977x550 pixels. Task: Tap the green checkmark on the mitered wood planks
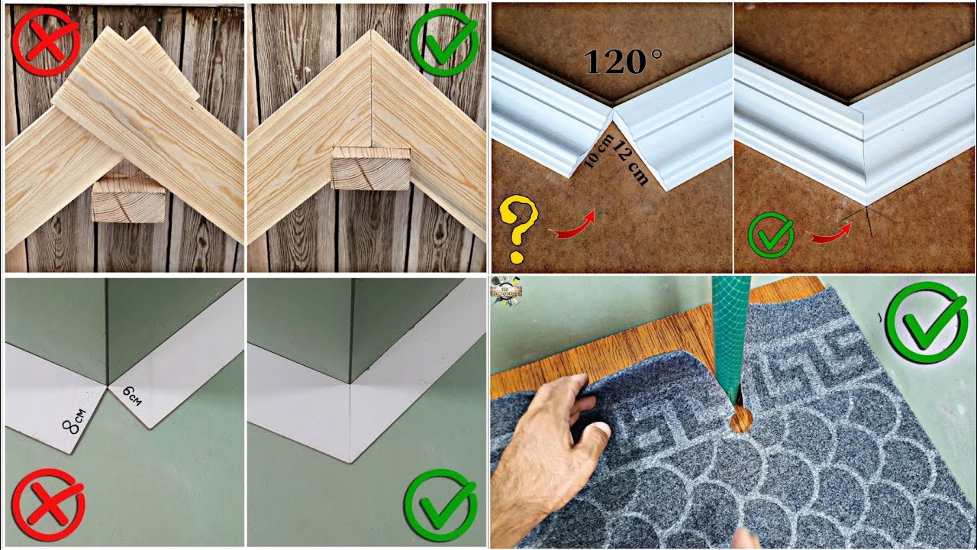click(x=443, y=42)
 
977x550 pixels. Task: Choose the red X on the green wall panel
click(x=48, y=505)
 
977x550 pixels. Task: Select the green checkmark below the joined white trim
click(x=440, y=505)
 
